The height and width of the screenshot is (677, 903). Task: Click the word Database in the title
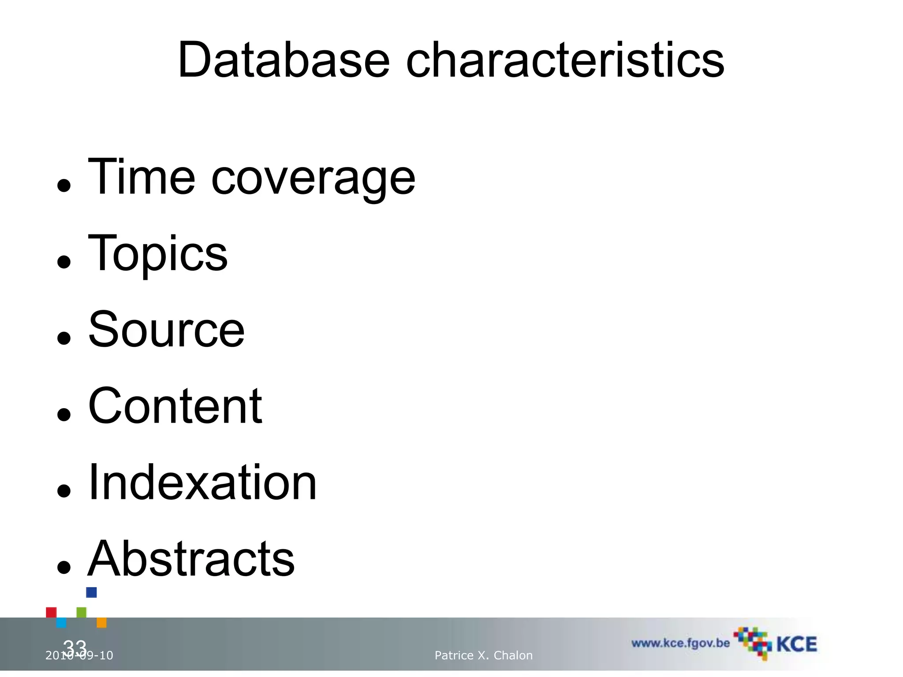(x=284, y=60)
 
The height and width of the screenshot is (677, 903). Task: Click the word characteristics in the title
(x=565, y=60)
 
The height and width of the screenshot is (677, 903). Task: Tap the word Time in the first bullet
(x=142, y=177)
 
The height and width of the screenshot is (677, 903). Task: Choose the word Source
(x=166, y=330)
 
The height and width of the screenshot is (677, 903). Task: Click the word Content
(x=175, y=406)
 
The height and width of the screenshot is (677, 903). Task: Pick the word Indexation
(x=202, y=482)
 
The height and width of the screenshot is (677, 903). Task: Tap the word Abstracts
(x=191, y=558)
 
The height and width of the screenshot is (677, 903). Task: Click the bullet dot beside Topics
(x=64, y=262)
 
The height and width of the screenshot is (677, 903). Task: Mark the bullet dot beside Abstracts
(x=64, y=567)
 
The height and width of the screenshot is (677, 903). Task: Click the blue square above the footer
(x=91, y=592)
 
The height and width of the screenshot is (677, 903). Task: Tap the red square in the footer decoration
(x=51, y=613)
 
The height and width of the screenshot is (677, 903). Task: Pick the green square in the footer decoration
(x=82, y=613)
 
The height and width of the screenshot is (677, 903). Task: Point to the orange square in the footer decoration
(x=101, y=622)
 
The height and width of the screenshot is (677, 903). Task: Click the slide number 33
(x=75, y=647)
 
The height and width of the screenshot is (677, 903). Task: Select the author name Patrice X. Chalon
(x=484, y=655)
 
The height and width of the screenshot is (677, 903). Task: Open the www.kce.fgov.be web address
(x=680, y=643)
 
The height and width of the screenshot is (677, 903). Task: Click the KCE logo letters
(x=796, y=644)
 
